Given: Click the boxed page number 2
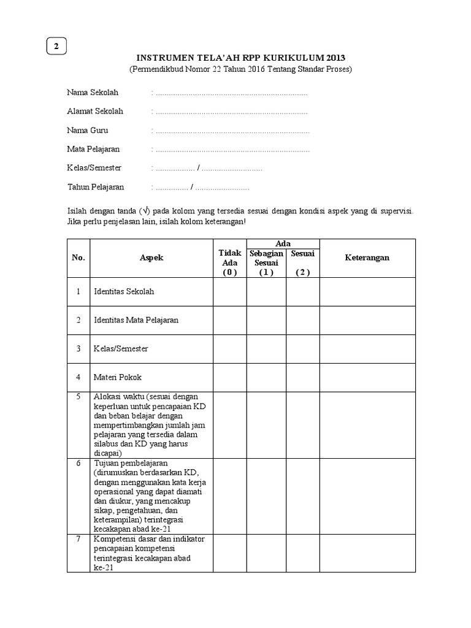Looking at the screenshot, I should (x=56, y=47).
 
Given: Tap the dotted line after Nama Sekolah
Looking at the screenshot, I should (x=231, y=93).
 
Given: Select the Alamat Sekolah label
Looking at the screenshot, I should (x=95, y=111).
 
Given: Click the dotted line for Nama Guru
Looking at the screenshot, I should (x=232, y=131).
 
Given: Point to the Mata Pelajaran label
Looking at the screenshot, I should (x=93, y=149).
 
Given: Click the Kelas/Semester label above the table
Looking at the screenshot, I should (x=94, y=168).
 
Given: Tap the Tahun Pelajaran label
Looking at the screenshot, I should (x=96, y=187).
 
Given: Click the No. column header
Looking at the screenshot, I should (x=78, y=258).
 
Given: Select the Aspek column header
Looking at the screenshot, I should (x=151, y=258).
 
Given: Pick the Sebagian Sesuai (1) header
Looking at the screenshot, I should (x=266, y=263).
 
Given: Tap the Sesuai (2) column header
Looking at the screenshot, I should (x=303, y=263).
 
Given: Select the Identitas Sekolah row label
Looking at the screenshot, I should (x=124, y=291).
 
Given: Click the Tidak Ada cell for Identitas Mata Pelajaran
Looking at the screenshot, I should (x=229, y=320).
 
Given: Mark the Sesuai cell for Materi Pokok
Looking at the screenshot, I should (x=303, y=377).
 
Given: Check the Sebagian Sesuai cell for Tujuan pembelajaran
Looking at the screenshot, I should (x=266, y=496).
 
